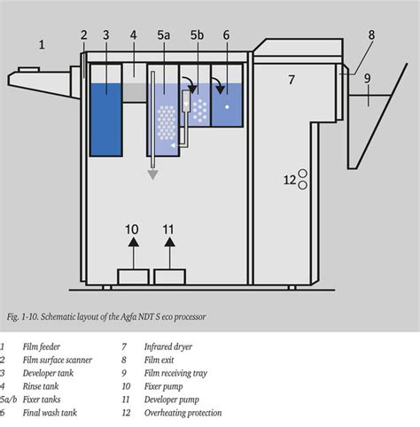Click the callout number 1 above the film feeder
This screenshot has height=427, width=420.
(42, 43)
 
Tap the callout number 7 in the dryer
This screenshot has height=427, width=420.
(290, 80)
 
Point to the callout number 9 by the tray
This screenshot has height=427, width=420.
(366, 77)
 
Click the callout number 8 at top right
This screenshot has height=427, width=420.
(371, 35)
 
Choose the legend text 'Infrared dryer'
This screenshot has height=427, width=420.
(167, 346)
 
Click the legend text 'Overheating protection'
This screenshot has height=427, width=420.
(183, 413)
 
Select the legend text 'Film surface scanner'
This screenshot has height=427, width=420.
(57, 360)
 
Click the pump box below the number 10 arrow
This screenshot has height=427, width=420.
(132, 277)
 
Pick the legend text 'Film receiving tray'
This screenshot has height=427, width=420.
(177, 373)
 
